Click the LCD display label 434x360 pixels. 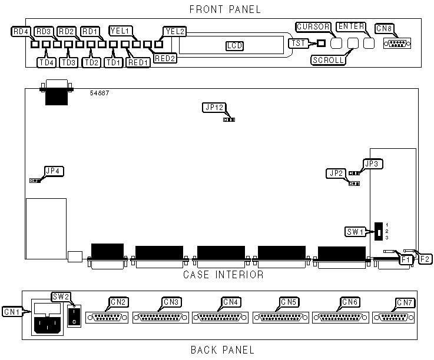(x=234, y=46)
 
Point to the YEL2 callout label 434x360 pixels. (x=174, y=31)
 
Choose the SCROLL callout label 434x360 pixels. (x=329, y=59)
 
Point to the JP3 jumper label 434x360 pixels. (x=373, y=163)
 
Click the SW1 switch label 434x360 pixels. (x=356, y=231)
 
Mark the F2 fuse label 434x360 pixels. (x=425, y=258)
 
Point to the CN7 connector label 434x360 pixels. (x=405, y=302)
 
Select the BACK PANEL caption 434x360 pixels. (x=223, y=350)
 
